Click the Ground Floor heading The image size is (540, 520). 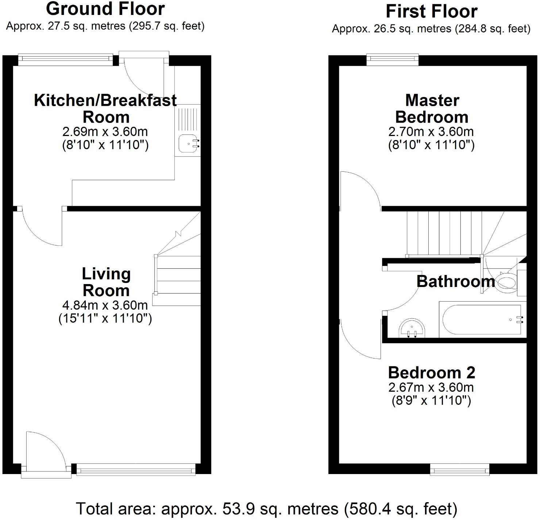105,9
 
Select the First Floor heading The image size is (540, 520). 431,11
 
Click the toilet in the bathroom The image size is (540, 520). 508,282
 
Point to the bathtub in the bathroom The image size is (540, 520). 482,319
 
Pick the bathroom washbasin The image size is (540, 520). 412,327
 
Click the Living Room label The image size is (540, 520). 106,282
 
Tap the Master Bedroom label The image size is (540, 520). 432,108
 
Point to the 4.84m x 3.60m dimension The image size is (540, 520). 105,305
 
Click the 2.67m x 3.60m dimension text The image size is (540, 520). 431,387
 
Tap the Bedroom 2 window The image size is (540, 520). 460,469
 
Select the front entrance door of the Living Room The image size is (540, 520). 46,452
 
